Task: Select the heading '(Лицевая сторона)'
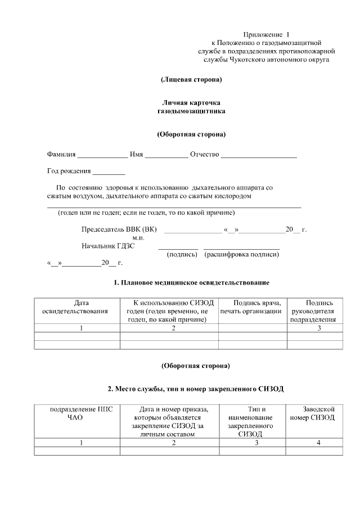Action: [191, 79]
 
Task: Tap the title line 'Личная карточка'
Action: [191, 103]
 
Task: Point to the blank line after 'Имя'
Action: [166, 156]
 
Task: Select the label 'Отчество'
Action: [205, 155]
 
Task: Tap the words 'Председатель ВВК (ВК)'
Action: [119, 229]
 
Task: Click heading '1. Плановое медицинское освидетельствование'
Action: [191, 281]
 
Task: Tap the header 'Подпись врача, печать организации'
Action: [252, 307]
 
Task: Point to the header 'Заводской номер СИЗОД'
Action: [312, 413]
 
